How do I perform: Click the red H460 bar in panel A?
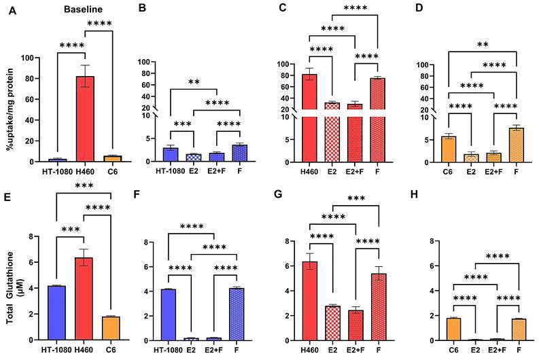pos(85,119)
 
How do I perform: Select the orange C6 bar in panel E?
pos(111,328)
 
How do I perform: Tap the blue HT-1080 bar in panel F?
pos(168,314)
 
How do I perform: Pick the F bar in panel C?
pos(377,120)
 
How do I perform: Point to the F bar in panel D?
pos(516,145)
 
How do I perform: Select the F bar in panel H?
pos(519,329)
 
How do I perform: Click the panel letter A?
pos(12,10)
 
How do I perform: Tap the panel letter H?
pos(414,194)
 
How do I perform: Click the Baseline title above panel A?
pos(83,10)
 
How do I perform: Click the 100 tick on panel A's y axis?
pos(27,58)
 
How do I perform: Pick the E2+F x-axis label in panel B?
pos(216,170)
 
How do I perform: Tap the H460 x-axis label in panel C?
pos(310,171)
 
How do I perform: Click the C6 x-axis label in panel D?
pos(447,171)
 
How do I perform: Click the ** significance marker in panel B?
pos(194,82)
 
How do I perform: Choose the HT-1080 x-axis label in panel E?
pos(56,350)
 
